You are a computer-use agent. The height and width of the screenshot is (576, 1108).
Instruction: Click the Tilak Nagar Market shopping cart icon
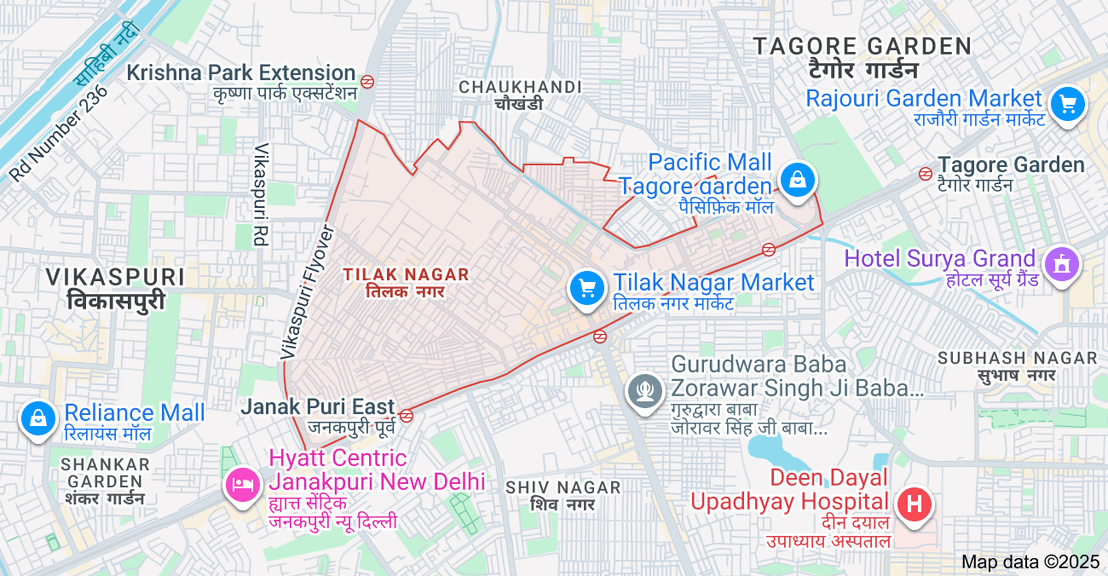(586, 287)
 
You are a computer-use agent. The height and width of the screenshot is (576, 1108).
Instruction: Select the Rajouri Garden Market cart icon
(1066, 105)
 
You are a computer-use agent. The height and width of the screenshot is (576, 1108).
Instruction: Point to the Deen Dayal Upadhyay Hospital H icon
(914, 504)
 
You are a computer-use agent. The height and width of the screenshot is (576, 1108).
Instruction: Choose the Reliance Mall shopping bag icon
(38, 418)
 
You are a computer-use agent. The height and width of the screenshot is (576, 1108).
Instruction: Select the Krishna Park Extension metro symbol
(367, 82)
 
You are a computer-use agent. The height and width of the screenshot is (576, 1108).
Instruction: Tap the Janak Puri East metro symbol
(407, 416)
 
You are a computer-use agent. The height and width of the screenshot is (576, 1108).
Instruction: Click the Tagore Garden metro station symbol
(925, 174)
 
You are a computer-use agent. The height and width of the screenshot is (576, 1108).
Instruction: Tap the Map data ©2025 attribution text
(1030, 562)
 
